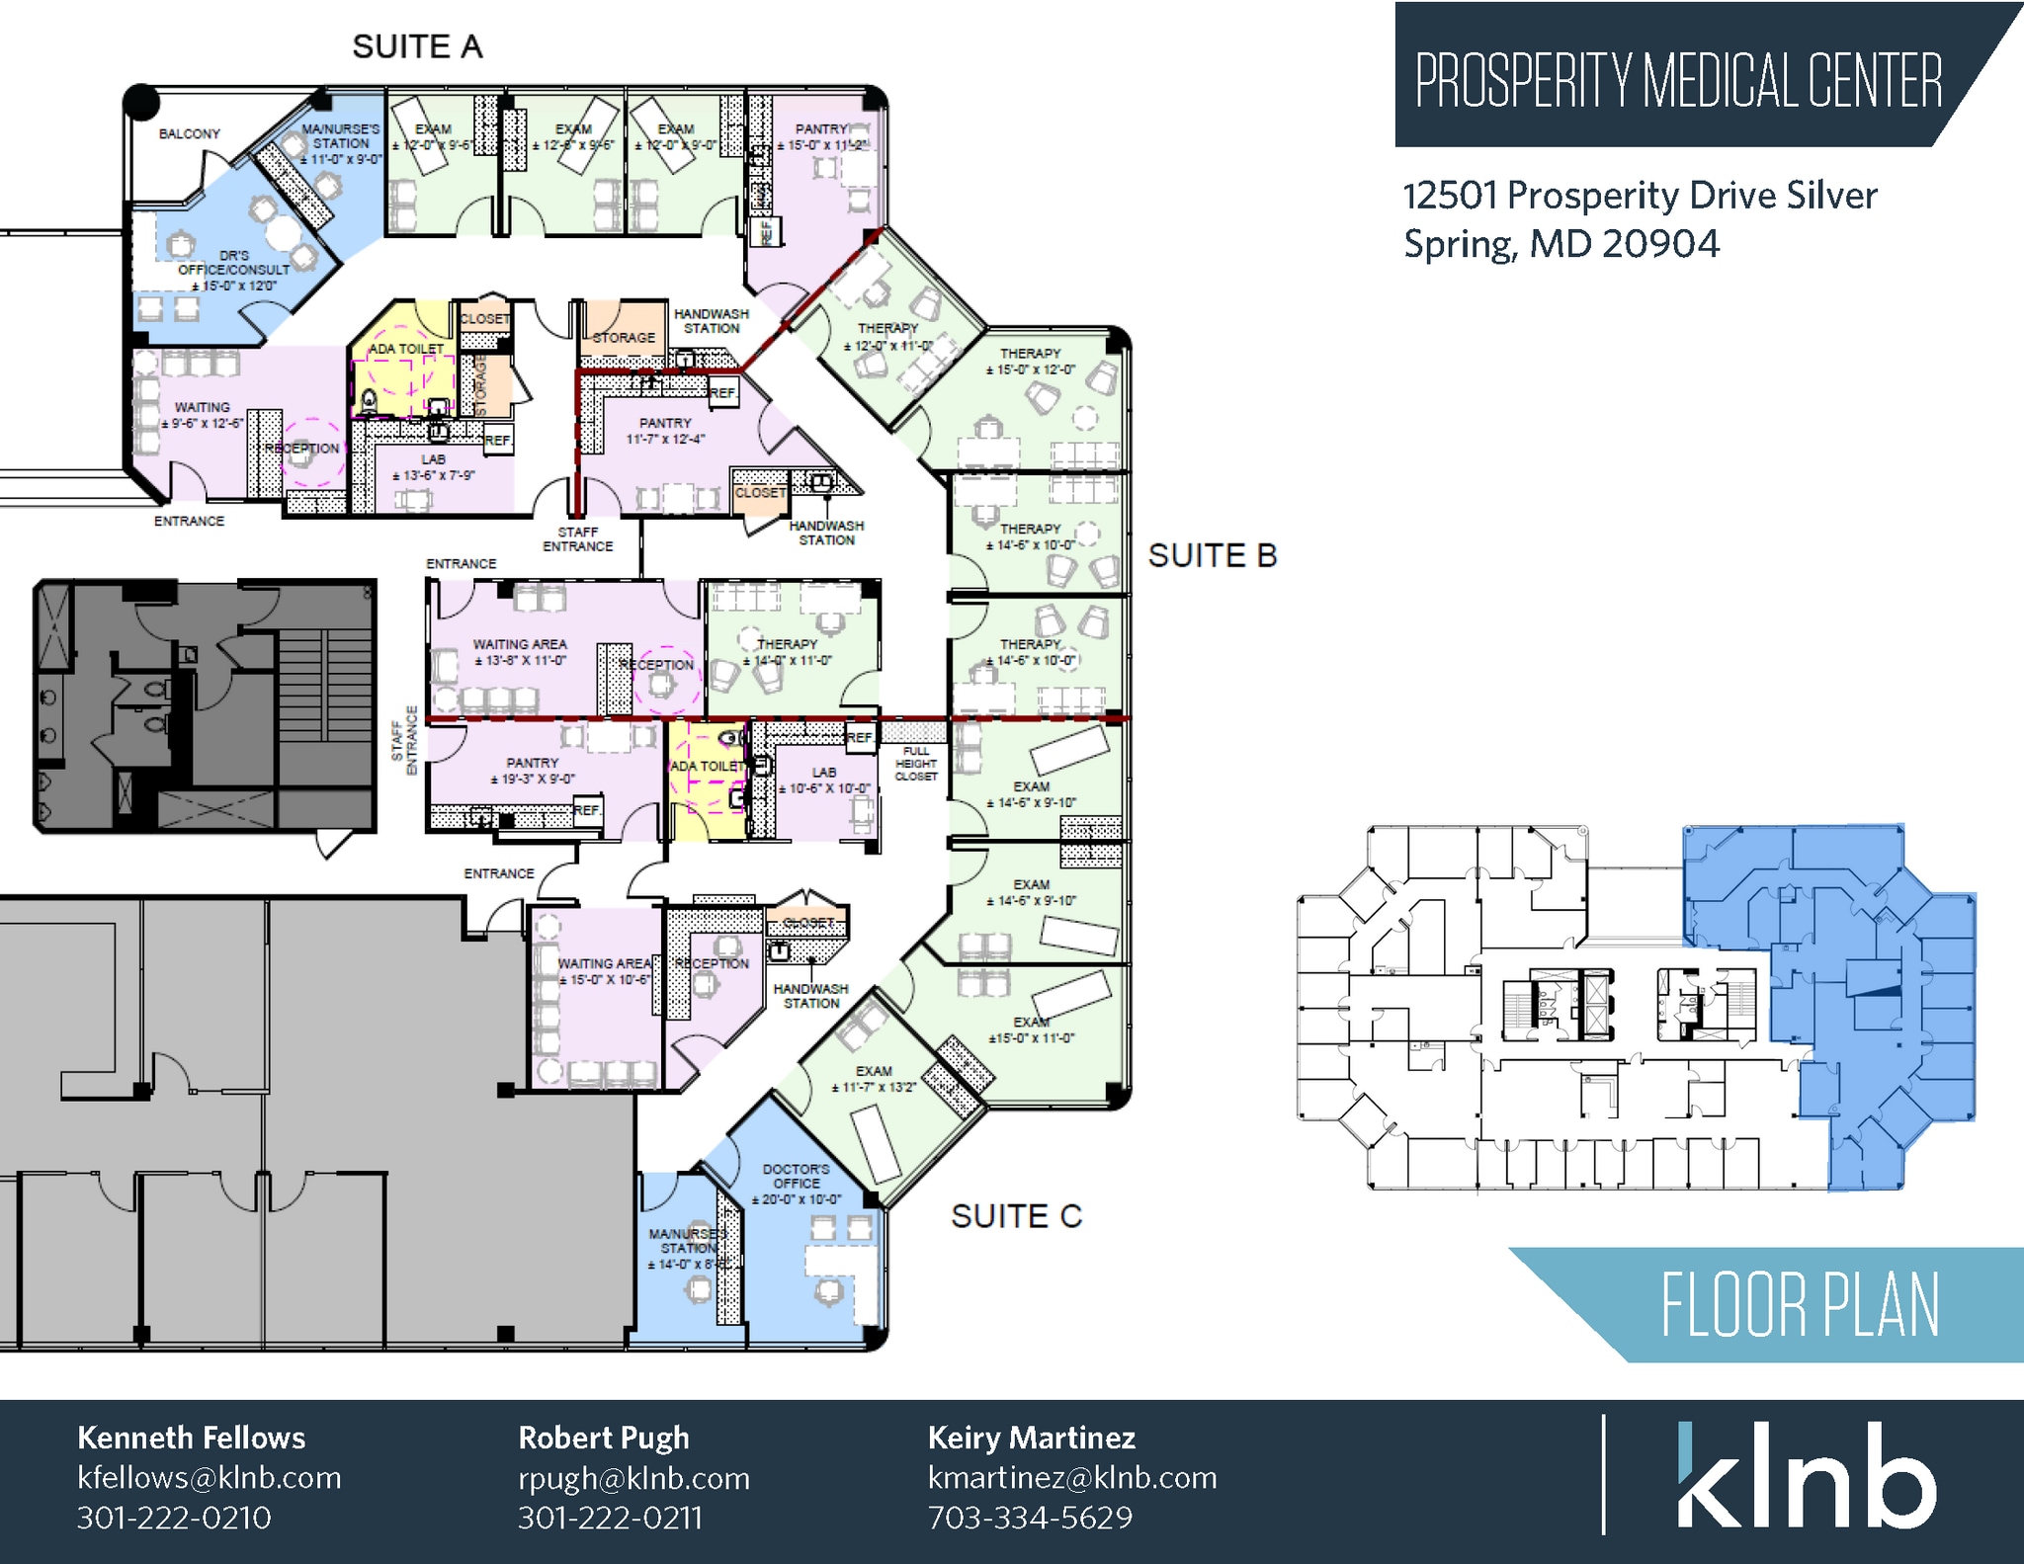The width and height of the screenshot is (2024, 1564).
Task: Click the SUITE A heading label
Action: coord(417,46)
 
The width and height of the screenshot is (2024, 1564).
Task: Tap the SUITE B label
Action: coord(1212,555)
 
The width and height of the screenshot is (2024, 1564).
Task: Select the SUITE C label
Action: coord(1016,1215)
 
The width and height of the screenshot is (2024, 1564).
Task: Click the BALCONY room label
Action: coord(189,133)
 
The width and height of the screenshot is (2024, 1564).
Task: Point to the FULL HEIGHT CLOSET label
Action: coord(915,764)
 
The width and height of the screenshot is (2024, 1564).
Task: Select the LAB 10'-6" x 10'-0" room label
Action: coord(824,781)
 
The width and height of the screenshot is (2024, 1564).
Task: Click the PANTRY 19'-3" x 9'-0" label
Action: coord(532,771)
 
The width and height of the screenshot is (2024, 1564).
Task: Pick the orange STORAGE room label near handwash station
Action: coord(624,337)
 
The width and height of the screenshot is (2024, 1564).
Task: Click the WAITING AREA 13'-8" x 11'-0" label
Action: coord(520,652)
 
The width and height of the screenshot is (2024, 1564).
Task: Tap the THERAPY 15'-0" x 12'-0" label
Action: coord(1030,361)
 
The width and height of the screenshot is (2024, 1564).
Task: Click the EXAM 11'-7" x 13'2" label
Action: coord(874,1079)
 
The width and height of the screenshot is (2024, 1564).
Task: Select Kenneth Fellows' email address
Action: coord(209,1477)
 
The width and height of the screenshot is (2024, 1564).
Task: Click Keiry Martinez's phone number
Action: coord(1030,1517)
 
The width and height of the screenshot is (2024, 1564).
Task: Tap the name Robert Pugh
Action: coord(603,1438)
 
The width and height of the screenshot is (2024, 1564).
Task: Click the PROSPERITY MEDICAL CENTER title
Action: coord(1678,81)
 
